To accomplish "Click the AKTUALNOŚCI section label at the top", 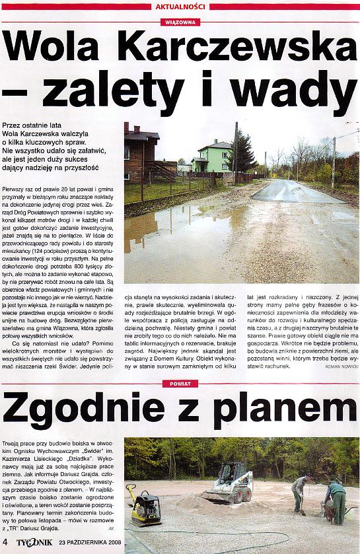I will coord(180,6).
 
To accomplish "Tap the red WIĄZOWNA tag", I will coord(180,22).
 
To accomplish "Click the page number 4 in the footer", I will coord(5,543).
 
